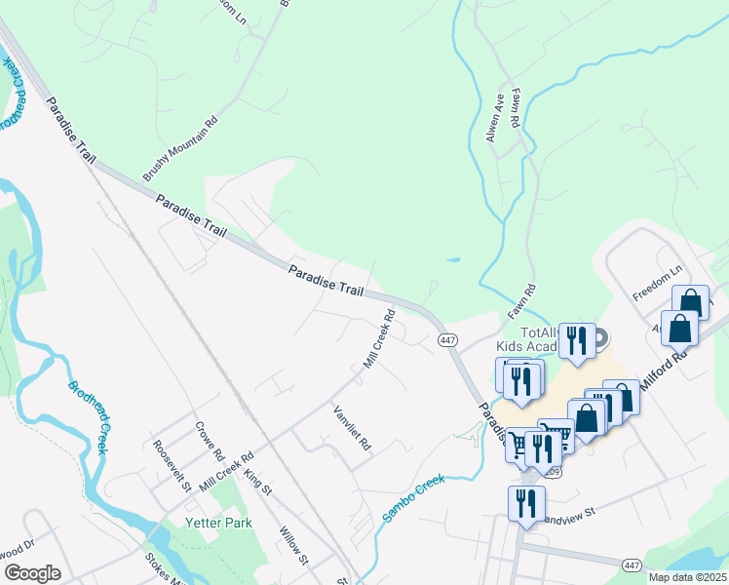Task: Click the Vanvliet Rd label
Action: [x=352, y=428]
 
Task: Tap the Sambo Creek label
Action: [x=413, y=497]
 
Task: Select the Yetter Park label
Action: [x=219, y=523]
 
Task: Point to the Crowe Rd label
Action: [x=209, y=442]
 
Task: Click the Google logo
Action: [x=32, y=573]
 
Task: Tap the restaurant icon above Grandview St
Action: [x=526, y=504]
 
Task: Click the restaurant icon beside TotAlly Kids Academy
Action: [x=577, y=340]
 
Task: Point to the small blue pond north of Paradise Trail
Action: [x=453, y=260]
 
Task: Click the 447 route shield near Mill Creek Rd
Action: [x=447, y=339]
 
